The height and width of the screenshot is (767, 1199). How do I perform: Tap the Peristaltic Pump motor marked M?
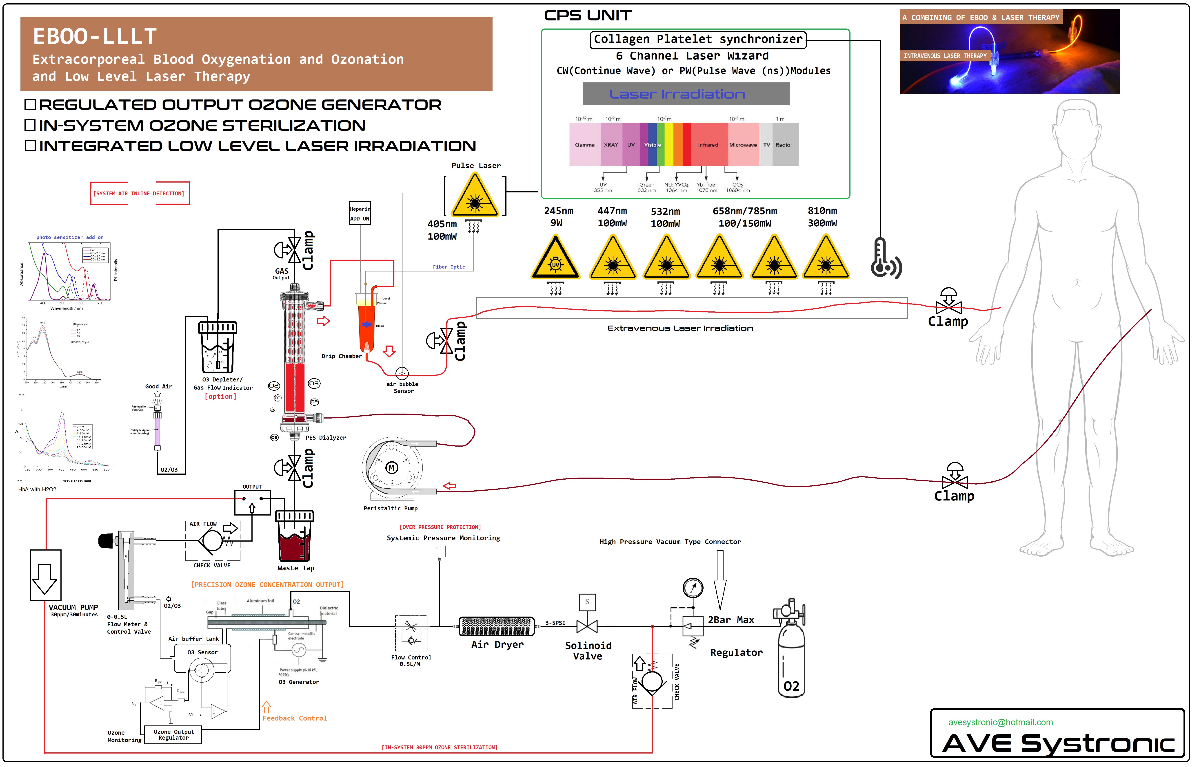[392, 468]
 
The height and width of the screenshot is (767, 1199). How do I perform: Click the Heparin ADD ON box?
[359, 213]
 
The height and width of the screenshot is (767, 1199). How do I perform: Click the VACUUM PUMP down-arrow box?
[45, 575]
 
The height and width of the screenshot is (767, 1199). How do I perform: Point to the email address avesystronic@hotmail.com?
[1000, 722]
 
